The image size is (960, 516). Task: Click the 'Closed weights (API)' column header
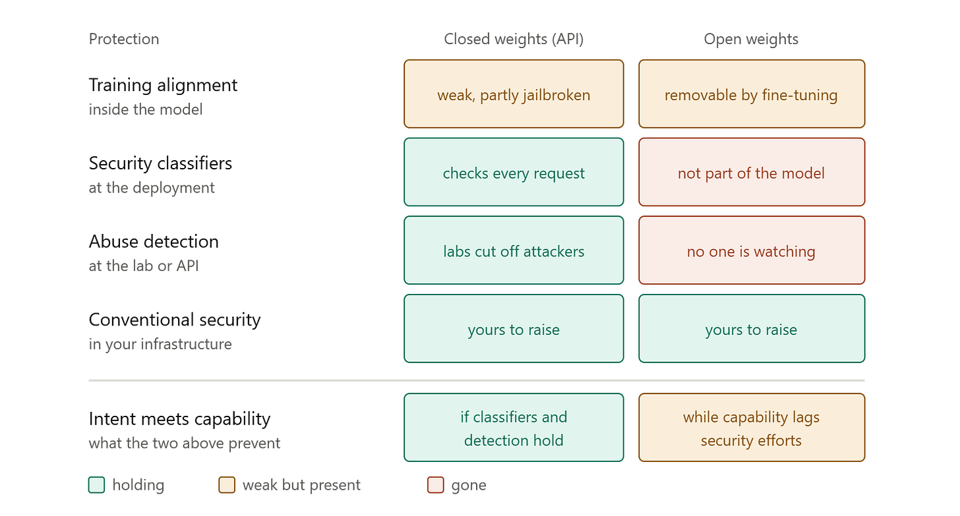[514, 39]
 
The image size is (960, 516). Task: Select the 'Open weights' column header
[751, 39]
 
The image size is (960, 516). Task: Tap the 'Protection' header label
[124, 39]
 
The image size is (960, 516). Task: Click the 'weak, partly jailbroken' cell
[514, 94]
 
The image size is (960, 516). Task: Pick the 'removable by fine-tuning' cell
[752, 94]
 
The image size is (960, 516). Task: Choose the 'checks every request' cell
[514, 172]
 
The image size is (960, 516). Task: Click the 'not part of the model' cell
[752, 172]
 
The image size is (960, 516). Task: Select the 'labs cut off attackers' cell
[514, 250]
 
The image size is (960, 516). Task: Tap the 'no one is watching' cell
[752, 250]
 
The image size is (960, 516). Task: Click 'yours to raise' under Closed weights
[514, 329]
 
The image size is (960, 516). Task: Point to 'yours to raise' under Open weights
[752, 329]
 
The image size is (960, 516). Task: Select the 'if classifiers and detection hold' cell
[514, 428]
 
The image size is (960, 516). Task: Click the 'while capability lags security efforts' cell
[752, 428]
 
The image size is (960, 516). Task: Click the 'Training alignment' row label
[163, 85]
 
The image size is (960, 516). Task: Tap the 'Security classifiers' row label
[160, 163]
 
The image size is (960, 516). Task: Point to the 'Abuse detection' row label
[154, 242]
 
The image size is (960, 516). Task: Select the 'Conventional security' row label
[175, 320]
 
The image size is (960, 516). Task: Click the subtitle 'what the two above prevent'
[185, 444]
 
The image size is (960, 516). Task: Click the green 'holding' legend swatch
[96, 485]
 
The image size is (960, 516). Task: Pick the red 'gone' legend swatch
[435, 485]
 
